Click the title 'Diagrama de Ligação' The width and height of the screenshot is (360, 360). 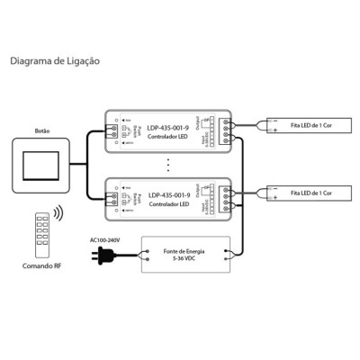click(x=55, y=62)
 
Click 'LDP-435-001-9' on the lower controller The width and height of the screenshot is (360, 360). click(x=168, y=194)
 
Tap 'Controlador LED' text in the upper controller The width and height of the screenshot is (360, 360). click(x=168, y=139)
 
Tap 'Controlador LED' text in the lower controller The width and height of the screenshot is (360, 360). click(x=168, y=204)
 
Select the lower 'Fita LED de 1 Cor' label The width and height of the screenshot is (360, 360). click(x=312, y=193)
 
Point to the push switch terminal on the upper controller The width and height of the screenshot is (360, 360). click(x=114, y=130)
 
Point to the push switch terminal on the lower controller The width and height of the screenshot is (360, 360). click(x=114, y=197)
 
